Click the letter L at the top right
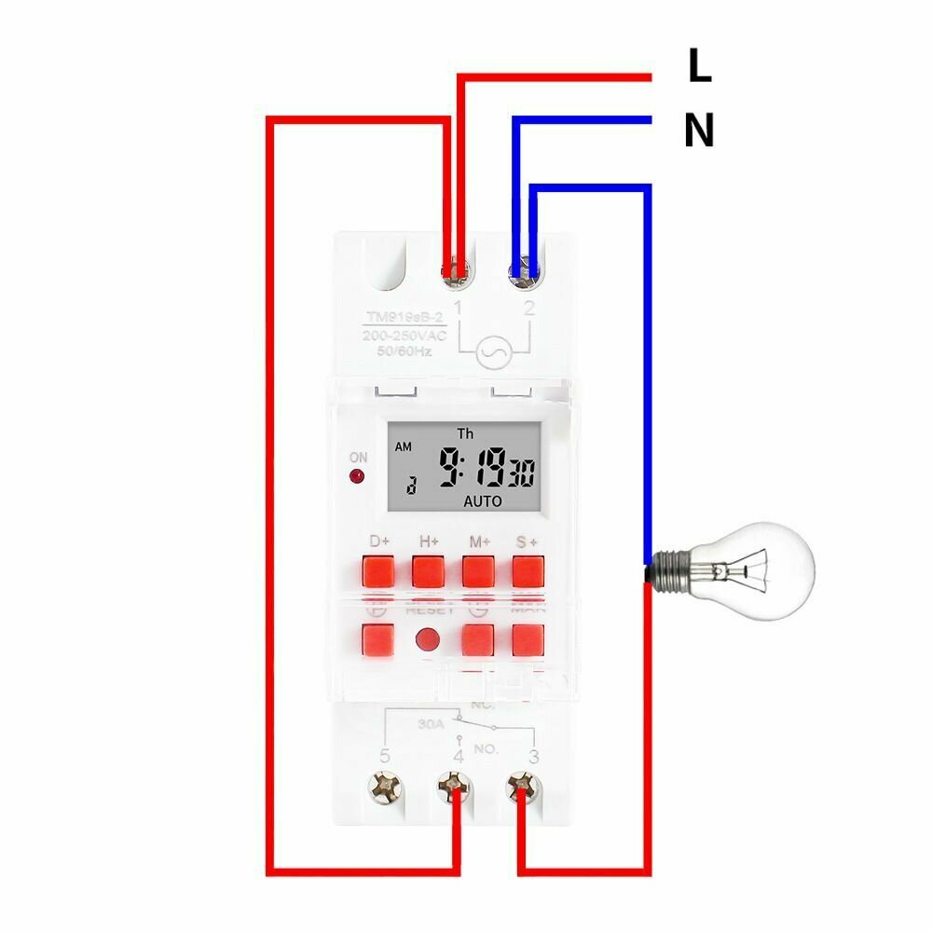pos(699,66)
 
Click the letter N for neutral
pos(699,130)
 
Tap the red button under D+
pos(379,569)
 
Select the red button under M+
pos(478,569)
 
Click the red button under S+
pos(528,569)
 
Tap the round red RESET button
pos(428,640)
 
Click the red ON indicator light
pos(357,478)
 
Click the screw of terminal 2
pos(524,272)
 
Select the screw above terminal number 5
pos(383,788)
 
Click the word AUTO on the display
pos(482,501)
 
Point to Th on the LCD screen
pos(465,433)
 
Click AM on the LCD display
pos(403,446)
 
